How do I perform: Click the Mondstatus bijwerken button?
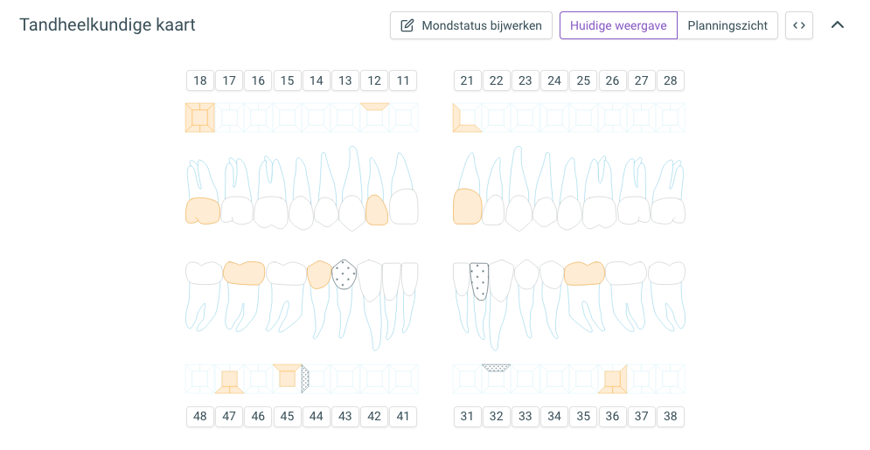click(x=471, y=25)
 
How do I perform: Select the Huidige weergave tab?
click(x=618, y=25)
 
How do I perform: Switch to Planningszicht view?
click(x=727, y=25)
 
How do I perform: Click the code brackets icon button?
click(x=799, y=25)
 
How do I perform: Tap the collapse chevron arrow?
click(x=838, y=25)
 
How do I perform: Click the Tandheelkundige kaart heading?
click(x=108, y=25)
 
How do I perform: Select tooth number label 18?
click(x=200, y=80)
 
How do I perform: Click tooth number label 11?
click(x=403, y=80)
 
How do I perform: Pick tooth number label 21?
click(x=467, y=80)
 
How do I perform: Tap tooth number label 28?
click(x=671, y=80)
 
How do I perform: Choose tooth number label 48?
click(x=200, y=416)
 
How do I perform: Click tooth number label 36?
click(x=613, y=416)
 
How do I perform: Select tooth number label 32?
click(x=496, y=416)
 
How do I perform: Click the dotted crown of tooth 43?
click(x=344, y=273)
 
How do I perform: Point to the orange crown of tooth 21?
click(x=467, y=207)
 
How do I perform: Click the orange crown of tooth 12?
click(x=377, y=211)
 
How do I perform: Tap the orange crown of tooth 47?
click(x=244, y=273)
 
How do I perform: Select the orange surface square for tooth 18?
click(x=199, y=117)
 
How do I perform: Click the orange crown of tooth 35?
click(x=584, y=273)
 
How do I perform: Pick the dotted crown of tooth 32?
click(x=479, y=280)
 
